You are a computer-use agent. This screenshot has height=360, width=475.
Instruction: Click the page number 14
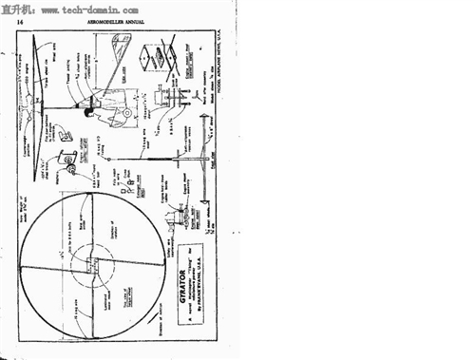(20, 19)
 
